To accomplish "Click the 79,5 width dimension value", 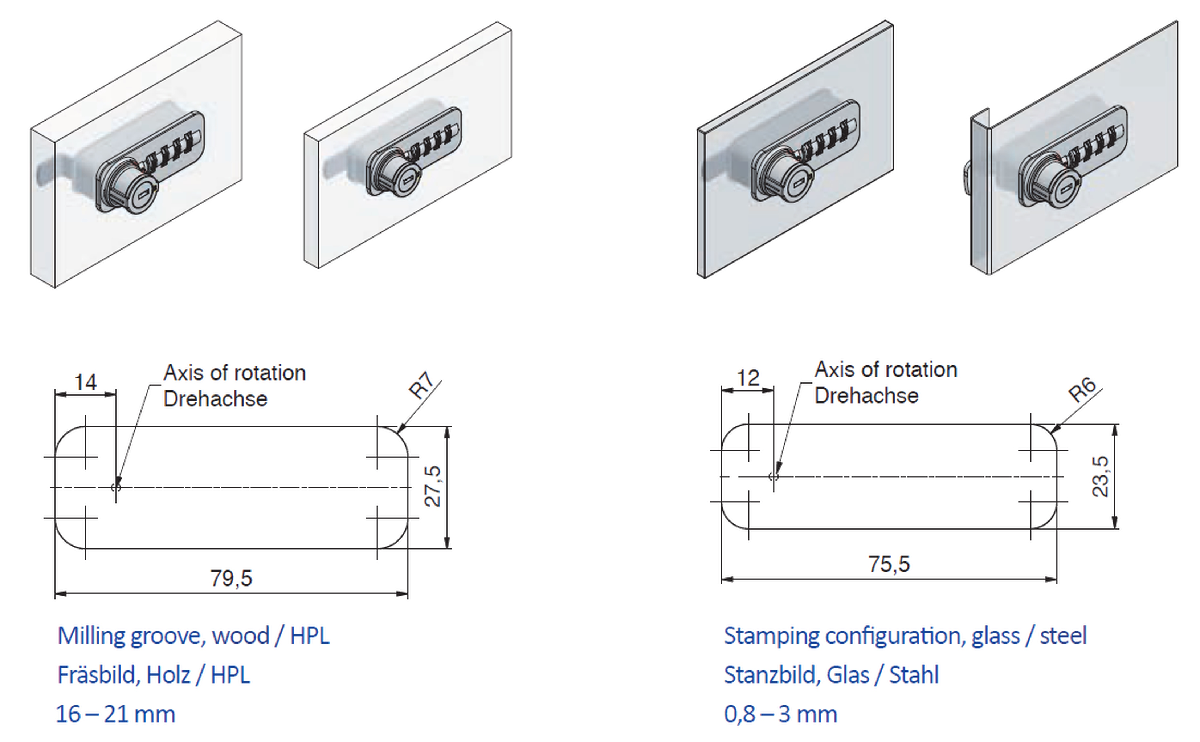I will [231, 578].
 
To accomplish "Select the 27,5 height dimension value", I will [433, 486].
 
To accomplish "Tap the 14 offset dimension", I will [85, 382].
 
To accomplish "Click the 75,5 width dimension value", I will [889, 564].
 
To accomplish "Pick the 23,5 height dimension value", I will [1100, 477].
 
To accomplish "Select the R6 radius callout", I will [1082, 390].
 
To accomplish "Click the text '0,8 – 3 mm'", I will [780, 714].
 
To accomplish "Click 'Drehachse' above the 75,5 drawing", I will [866, 396].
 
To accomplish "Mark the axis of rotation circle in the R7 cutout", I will [116, 487].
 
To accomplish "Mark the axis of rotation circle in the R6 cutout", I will [774, 477].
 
